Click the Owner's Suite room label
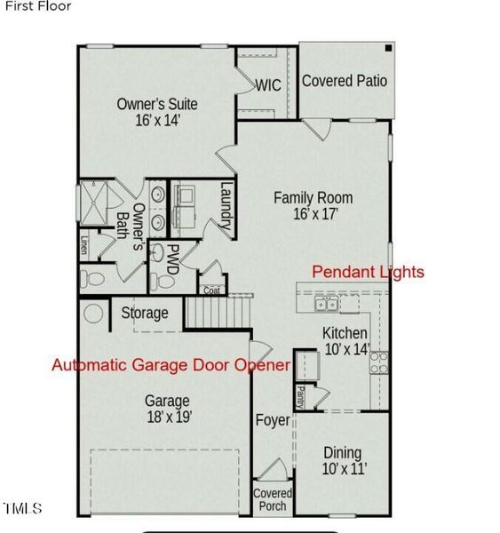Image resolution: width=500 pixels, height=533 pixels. pyautogui.click(x=157, y=112)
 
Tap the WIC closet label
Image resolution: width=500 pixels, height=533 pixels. pyautogui.click(x=269, y=86)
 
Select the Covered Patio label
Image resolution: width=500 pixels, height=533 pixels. pyautogui.click(x=345, y=81)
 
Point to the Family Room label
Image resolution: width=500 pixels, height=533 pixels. pyautogui.click(x=313, y=205)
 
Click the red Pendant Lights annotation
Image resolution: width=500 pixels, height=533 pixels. pyautogui.click(x=368, y=272)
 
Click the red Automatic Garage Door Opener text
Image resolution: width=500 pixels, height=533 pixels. pyautogui.click(x=171, y=365)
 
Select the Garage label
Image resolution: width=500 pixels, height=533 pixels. pyautogui.click(x=169, y=408)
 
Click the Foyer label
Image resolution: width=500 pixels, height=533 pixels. pyautogui.click(x=273, y=419)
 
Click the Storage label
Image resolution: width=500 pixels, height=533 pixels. pyautogui.click(x=145, y=313)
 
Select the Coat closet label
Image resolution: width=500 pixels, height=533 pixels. pyautogui.click(x=211, y=290)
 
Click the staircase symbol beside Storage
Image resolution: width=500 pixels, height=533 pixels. pyautogui.click(x=218, y=312)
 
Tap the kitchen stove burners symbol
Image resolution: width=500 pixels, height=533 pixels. pyautogui.click(x=378, y=361)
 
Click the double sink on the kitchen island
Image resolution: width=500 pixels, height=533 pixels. pyautogui.click(x=325, y=305)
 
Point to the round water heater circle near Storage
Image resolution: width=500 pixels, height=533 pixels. pyautogui.click(x=93, y=314)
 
